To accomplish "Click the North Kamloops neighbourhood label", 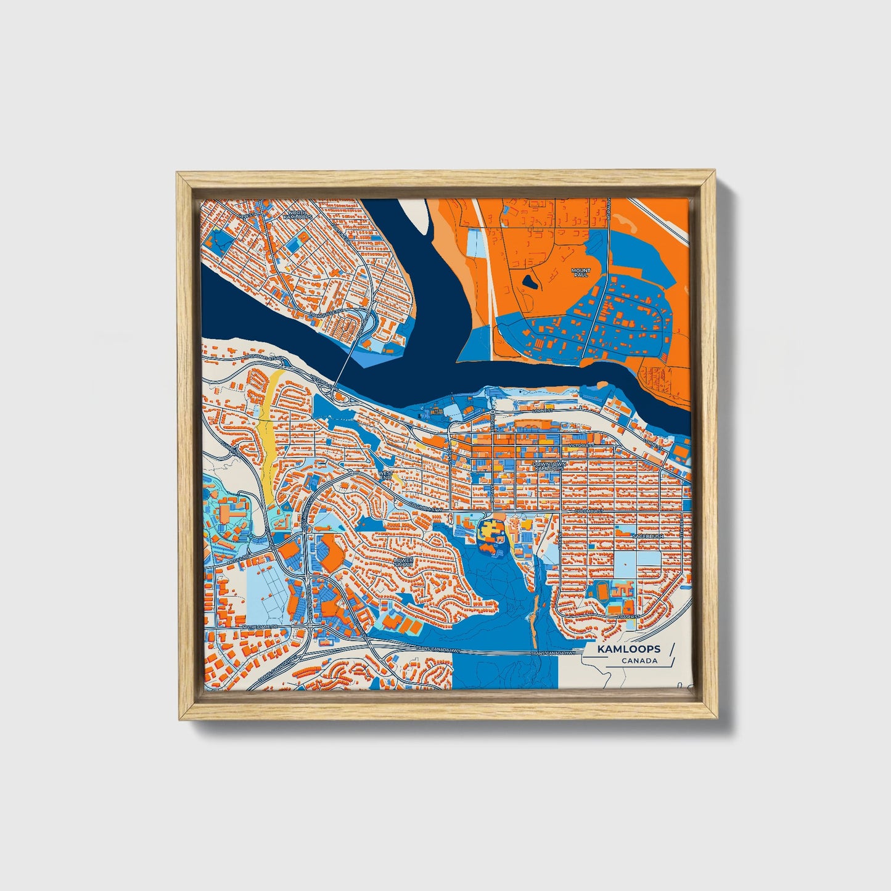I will (x=294, y=215).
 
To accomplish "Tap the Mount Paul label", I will (x=580, y=273).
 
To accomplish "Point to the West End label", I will (x=385, y=475).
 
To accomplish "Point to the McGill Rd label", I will (x=237, y=557).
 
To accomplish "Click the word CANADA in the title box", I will (x=639, y=661).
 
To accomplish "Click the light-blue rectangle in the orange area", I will (x=475, y=244).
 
